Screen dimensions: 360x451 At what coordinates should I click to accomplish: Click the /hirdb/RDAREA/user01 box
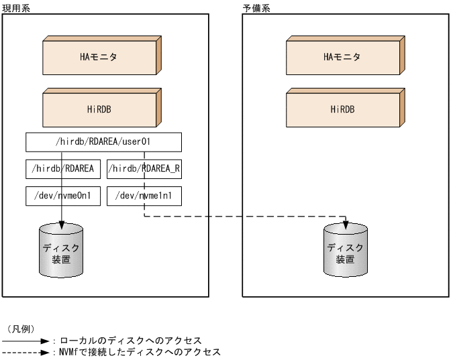point(103,143)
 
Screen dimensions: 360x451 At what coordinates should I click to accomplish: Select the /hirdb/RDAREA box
point(63,169)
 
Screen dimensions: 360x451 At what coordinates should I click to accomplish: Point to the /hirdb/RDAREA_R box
point(144,169)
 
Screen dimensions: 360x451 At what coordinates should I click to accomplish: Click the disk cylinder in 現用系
point(62,250)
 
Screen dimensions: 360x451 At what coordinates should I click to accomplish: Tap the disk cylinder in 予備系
point(346,250)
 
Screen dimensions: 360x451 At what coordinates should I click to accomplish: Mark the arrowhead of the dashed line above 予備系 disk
point(346,222)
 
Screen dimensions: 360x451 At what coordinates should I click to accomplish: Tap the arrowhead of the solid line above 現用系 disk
point(62,222)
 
